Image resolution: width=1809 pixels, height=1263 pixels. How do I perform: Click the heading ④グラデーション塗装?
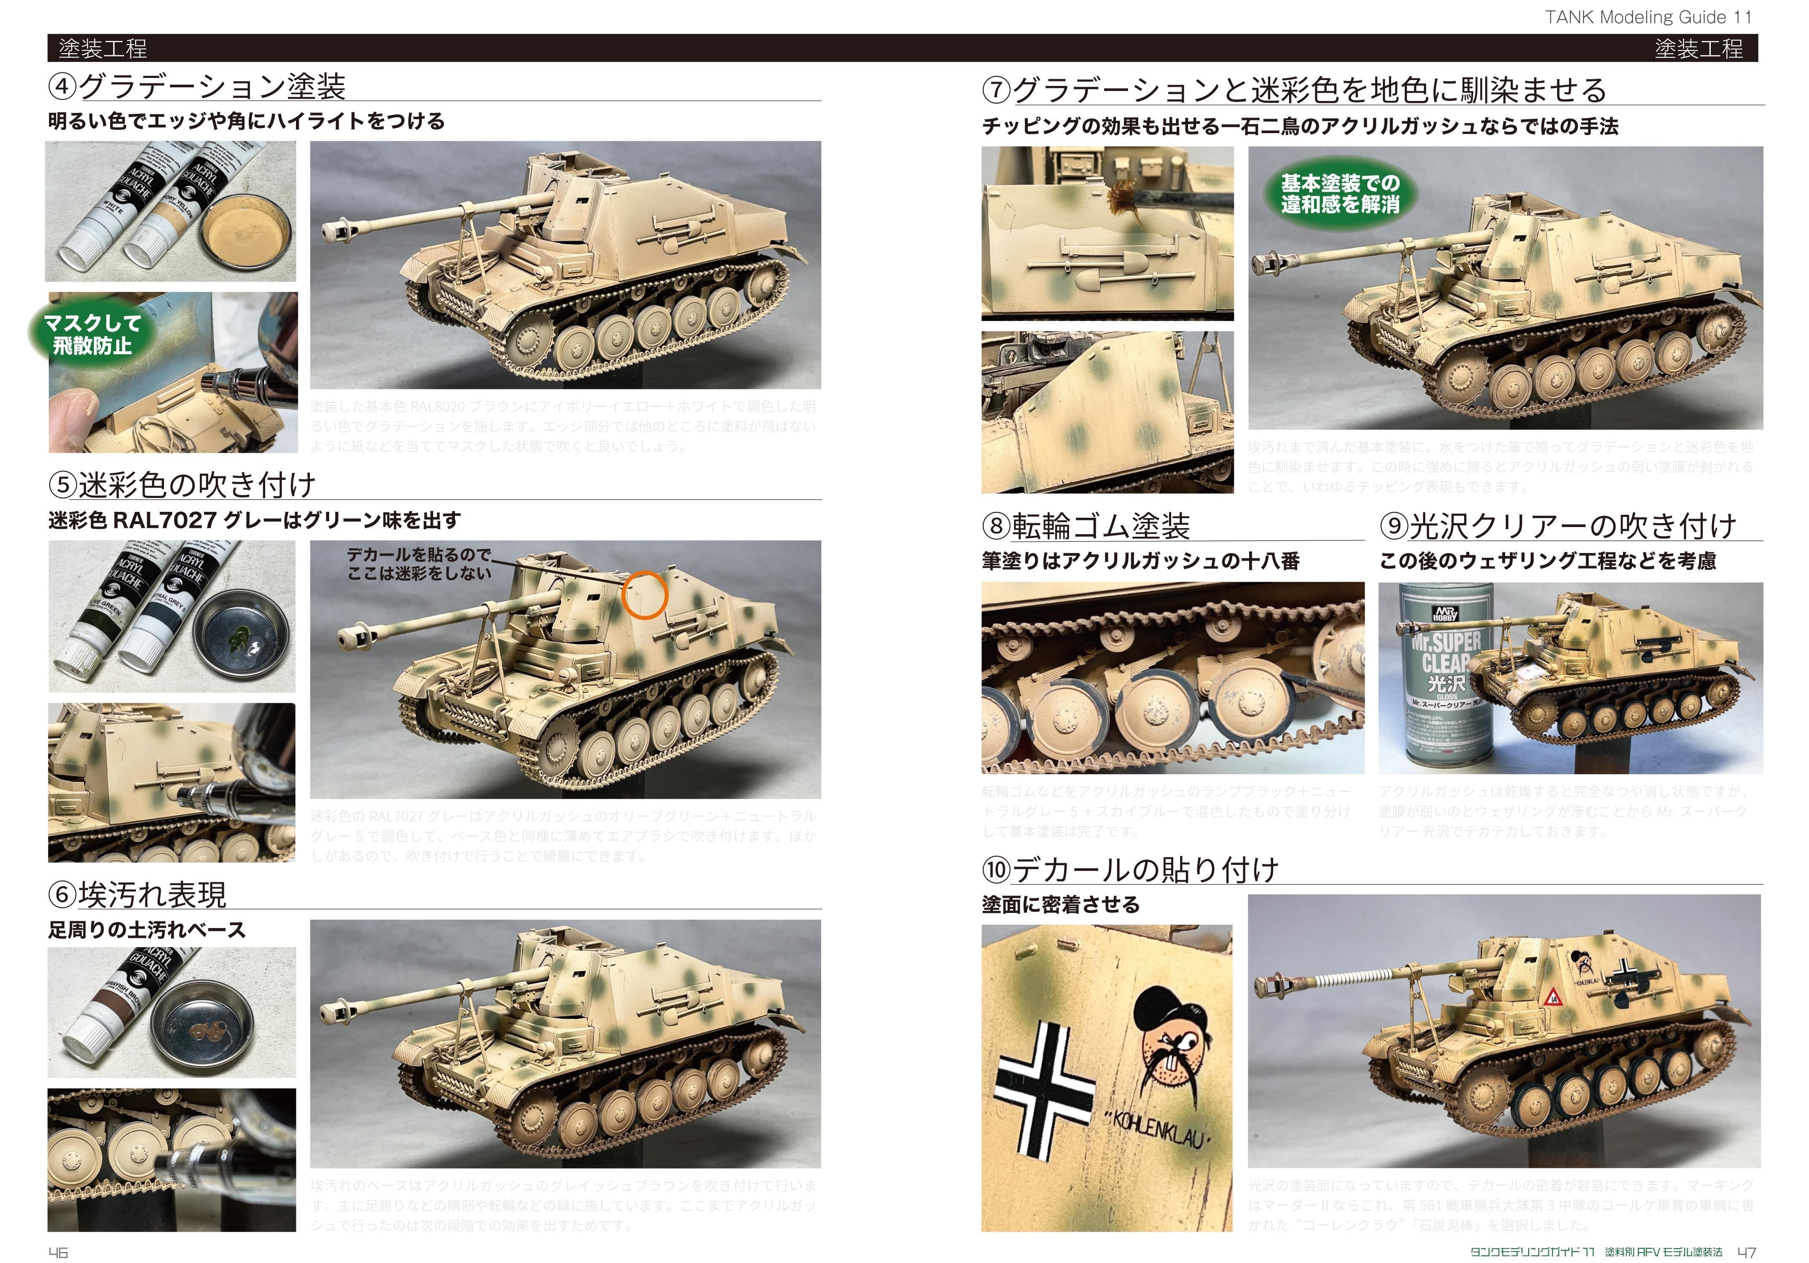click(x=197, y=87)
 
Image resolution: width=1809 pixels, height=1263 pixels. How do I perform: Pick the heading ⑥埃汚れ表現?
click(x=138, y=894)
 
